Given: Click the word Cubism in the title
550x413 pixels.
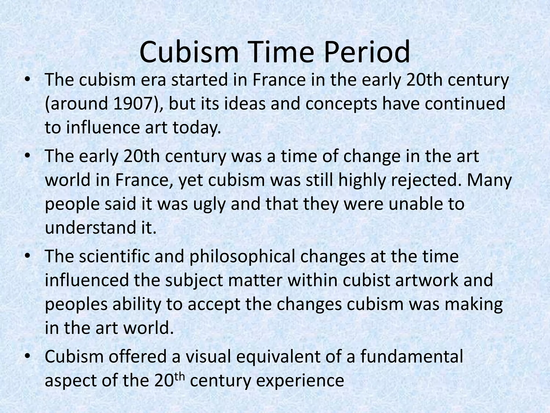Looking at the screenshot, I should click(x=189, y=52).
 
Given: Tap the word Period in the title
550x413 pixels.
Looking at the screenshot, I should click(x=367, y=52).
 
